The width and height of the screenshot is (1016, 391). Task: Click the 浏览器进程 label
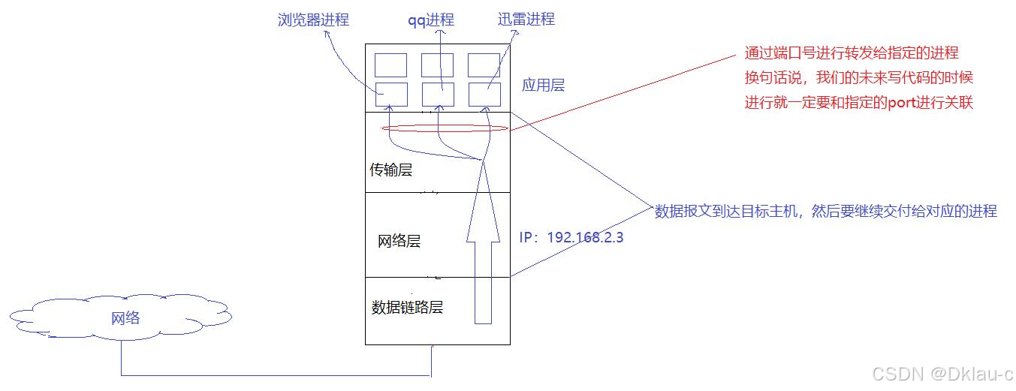tap(312, 20)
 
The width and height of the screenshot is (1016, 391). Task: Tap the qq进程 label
tap(430, 20)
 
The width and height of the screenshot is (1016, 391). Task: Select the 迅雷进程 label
tap(526, 20)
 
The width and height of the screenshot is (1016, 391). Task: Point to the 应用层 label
tap(543, 86)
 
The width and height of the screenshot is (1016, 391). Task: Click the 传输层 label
tap(390, 170)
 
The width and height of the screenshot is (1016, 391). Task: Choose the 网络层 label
tap(399, 242)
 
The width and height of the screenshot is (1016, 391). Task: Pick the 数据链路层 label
tap(408, 308)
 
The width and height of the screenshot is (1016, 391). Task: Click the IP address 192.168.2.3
tap(571, 237)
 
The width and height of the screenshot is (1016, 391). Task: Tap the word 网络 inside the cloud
tap(125, 318)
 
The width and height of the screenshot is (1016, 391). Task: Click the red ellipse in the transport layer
tap(445, 129)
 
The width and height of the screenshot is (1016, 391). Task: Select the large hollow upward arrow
tap(483, 248)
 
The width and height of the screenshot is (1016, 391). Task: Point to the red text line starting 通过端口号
tap(852, 53)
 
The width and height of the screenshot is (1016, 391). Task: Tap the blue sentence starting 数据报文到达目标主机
tap(826, 212)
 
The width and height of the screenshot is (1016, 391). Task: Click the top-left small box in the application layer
tap(390, 65)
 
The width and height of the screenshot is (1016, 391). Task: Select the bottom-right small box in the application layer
tap(484, 95)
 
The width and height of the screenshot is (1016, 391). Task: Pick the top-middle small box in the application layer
tap(437, 65)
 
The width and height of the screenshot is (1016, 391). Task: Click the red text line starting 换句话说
tap(859, 78)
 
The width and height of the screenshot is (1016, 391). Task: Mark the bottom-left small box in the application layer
tap(390, 95)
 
